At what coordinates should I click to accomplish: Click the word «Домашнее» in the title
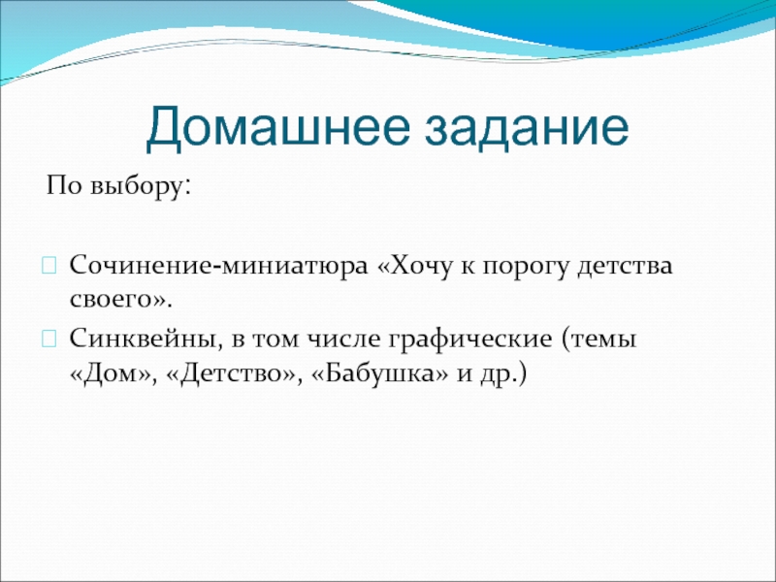[x=278, y=129]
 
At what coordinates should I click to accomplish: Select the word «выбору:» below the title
[x=141, y=187]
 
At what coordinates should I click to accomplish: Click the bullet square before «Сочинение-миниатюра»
[x=49, y=266]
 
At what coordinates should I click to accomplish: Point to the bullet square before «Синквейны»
[x=49, y=339]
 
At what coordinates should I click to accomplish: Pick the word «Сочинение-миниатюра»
[x=219, y=266]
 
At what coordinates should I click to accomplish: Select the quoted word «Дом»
[x=114, y=374]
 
